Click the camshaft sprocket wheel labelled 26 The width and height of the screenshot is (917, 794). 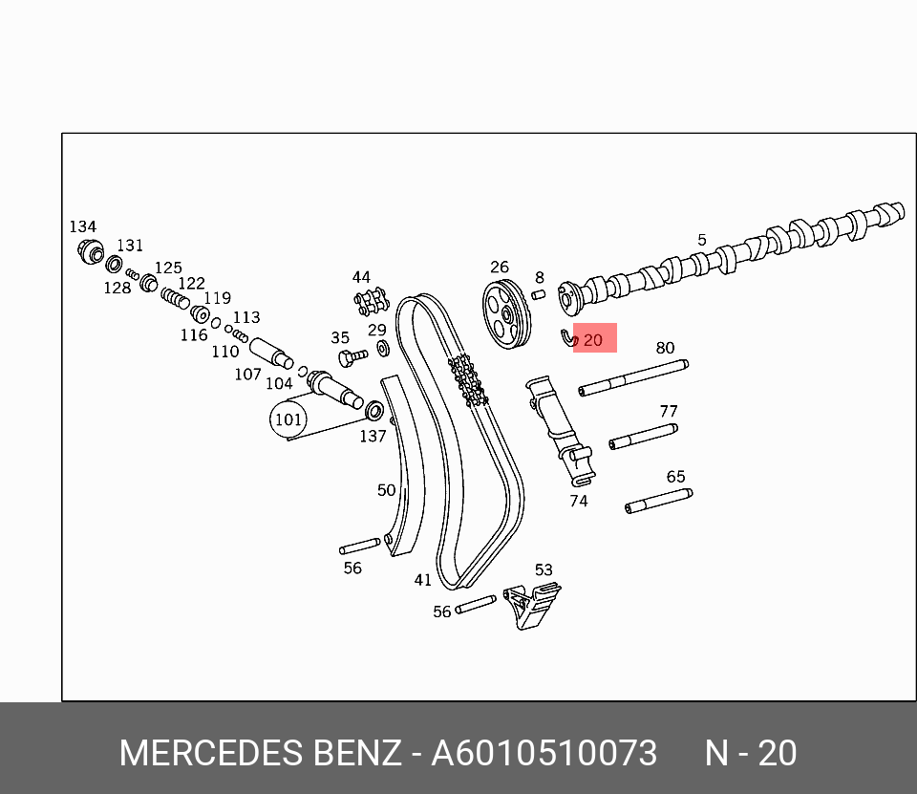[505, 315]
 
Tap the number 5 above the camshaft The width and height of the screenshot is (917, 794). [702, 240]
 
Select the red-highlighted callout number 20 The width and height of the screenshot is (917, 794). [593, 340]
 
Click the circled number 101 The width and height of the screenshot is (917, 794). [288, 419]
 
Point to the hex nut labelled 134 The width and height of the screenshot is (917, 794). [90, 252]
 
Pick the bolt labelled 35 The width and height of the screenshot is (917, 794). [351, 358]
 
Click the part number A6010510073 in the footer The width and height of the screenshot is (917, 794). [544, 753]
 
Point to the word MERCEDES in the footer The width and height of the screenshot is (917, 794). [210, 753]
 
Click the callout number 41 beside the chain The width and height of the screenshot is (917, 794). [423, 580]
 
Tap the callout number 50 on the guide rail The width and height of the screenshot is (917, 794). [386, 490]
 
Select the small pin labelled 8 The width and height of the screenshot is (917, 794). [538, 293]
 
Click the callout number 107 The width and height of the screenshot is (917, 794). [247, 374]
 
